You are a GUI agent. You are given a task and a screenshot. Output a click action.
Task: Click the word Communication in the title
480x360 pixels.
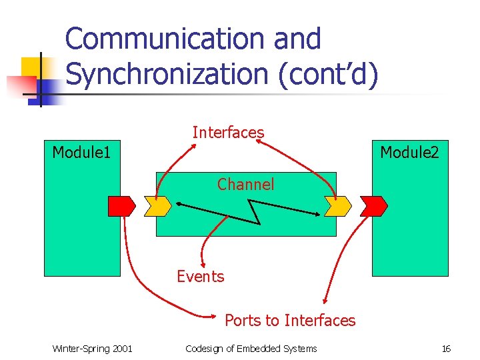[166, 39]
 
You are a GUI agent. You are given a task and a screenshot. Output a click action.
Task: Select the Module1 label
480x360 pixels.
[81, 153]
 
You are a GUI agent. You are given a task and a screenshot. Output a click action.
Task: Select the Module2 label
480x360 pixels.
[409, 153]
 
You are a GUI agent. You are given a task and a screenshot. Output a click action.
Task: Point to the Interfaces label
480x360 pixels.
[228, 133]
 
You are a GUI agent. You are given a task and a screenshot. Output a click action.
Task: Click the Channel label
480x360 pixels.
[245, 184]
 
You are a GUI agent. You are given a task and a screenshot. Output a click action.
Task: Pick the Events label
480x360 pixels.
[201, 276]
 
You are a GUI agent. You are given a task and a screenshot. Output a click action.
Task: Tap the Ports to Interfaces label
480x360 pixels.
[290, 321]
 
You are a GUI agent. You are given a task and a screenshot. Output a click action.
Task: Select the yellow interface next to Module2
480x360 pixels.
[337, 207]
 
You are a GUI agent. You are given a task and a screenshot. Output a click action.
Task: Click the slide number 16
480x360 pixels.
[446, 349]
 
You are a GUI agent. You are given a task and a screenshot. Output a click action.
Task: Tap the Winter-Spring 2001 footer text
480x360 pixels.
[92, 349]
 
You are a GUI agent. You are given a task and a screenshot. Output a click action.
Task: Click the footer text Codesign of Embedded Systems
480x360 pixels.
[251, 349]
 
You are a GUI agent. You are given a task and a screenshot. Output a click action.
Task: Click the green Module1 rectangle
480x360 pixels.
[81, 240]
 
